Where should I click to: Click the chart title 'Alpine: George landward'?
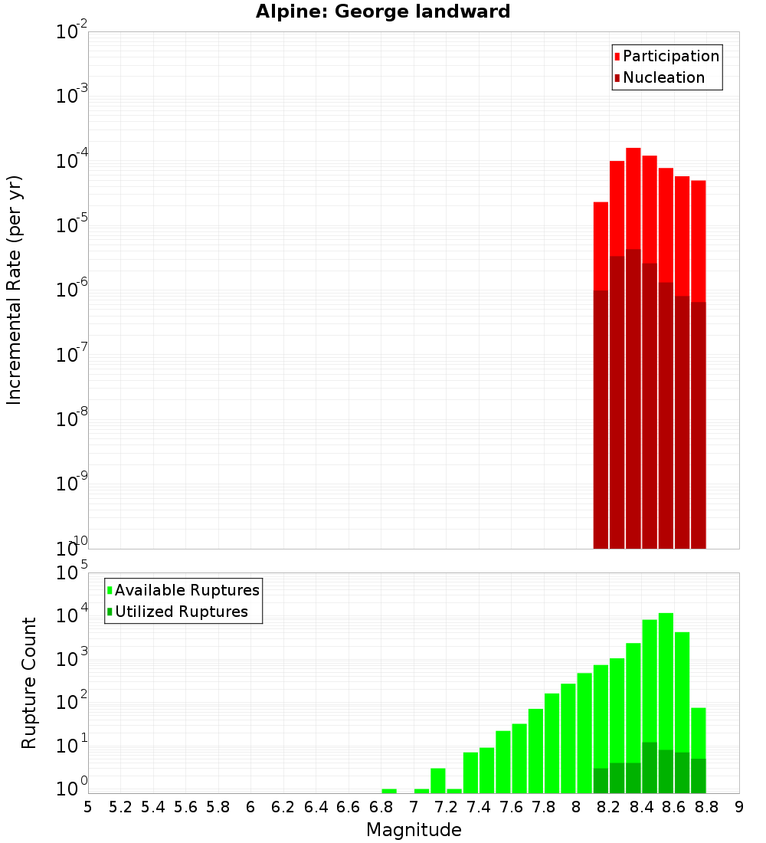coord(383,11)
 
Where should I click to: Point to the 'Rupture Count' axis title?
coord(29,682)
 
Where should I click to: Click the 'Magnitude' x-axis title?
coord(414,830)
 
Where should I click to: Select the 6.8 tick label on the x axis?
coord(381,807)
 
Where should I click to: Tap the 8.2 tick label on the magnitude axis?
coord(609,807)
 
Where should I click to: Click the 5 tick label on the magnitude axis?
coord(88,807)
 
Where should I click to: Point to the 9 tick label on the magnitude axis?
coord(739,807)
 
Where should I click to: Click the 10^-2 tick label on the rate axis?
coord(72,33)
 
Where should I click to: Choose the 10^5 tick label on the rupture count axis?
coord(74,573)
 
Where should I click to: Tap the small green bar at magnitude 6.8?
coord(389,791)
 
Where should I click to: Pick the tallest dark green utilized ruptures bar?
coord(650,767)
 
